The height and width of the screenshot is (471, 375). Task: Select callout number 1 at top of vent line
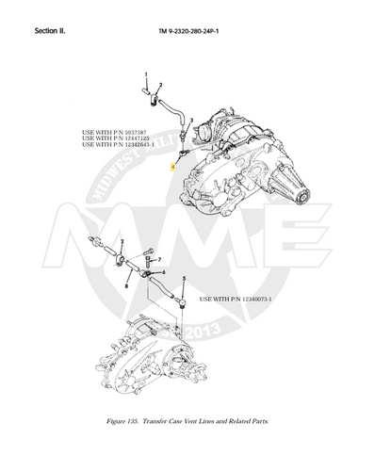146,74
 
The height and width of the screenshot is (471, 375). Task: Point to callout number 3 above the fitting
192,121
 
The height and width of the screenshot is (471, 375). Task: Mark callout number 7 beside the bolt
160,259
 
